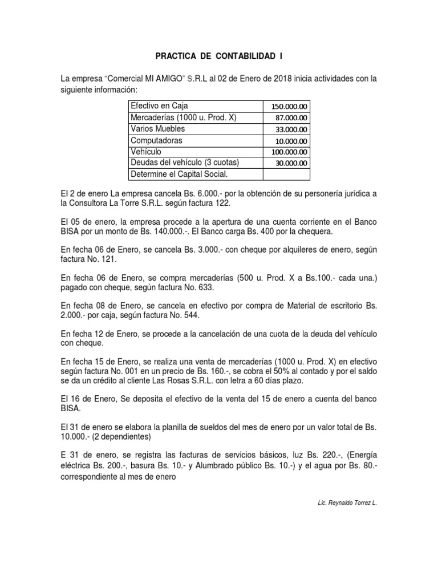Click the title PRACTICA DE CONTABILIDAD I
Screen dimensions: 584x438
click(x=219, y=56)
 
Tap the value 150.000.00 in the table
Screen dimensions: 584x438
click(x=289, y=107)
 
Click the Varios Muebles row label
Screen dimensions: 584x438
click(x=158, y=129)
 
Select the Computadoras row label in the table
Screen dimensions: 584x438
click(x=157, y=140)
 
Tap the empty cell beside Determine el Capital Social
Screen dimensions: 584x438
click(x=286, y=174)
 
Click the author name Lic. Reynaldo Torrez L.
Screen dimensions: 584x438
click(x=347, y=503)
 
